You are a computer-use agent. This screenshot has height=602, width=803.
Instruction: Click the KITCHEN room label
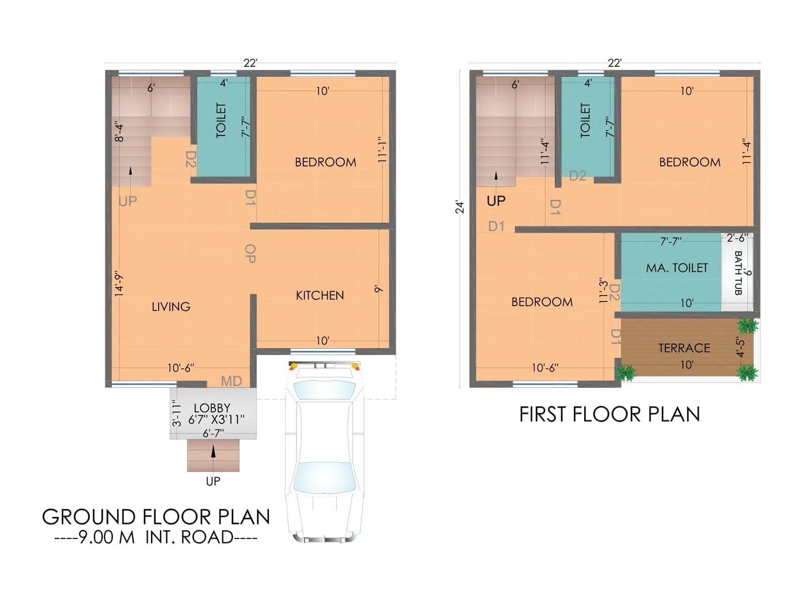pyautogui.click(x=320, y=295)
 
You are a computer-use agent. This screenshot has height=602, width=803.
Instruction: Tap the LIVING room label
pyautogui.click(x=171, y=307)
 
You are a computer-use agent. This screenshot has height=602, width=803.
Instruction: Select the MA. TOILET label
pyautogui.click(x=677, y=268)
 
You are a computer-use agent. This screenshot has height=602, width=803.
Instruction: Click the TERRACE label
pyautogui.click(x=684, y=348)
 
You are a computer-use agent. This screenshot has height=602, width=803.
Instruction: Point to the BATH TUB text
pyautogui.click(x=738, y=273)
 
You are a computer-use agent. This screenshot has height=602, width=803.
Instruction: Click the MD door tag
pyautogui.click(x=231, y=381)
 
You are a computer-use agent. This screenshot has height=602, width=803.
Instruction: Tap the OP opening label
pyautogui.click(x=250, y=254)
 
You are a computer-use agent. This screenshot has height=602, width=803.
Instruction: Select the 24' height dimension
pyautogui.click(x=460, y=207)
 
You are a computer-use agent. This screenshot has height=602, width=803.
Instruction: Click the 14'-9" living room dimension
pyautogui.click(x=119, y=284)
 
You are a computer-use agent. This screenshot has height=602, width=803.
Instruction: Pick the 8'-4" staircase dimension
pyautogui.click(x=119, y=131)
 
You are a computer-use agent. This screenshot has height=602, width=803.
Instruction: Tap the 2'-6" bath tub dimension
pyautogui.click(x=737, y=238)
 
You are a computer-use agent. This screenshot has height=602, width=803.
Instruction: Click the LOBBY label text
pyautogui.click(x=212, y=408)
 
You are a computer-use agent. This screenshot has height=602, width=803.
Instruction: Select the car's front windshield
pyautogui.click(x=324, y=390)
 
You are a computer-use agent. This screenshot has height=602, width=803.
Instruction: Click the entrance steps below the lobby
pyautogui.click(x=213, y=456)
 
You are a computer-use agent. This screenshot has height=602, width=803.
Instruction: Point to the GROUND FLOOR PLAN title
pyautogui.click(x=156, y=517)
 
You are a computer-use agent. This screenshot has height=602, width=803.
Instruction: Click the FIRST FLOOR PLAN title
pyautogui.click(x=609, y=414)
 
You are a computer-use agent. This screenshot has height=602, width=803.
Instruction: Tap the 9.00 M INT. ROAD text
pyautogui.click(x=156, y=537)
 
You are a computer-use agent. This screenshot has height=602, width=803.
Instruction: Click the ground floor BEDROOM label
pyautogui.click(x=325, y=162)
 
